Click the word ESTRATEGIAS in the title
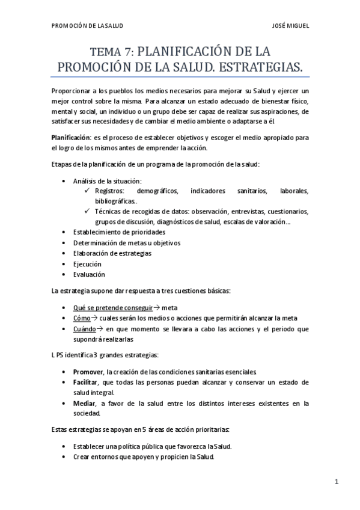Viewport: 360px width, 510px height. (252, 66)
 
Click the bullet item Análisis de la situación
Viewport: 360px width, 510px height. (107, 181)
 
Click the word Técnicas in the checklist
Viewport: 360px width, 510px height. (108, 211)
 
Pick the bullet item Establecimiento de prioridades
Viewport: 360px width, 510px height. (118, 232)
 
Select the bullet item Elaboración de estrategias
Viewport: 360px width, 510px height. (112, 253)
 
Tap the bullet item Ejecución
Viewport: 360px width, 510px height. (87, 264)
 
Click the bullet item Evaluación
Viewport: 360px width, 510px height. (89, 274)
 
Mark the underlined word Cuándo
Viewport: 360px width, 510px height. (84, 329)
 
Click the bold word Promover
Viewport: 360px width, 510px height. (88, 372)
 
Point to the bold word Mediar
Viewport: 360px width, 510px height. (84, 403)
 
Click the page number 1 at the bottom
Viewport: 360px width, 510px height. (338, 482)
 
